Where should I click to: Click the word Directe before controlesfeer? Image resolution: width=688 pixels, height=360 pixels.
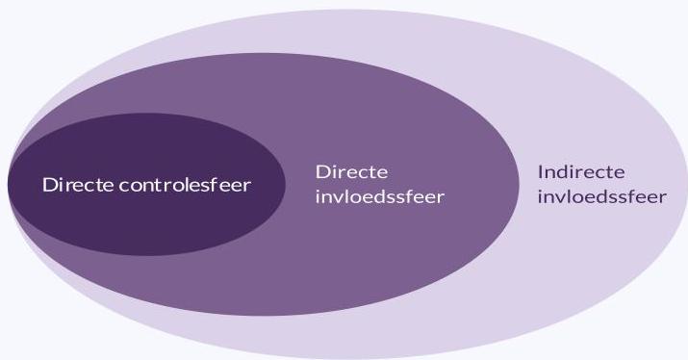click(78, 185)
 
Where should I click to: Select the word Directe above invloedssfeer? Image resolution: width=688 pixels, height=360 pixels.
click(351, 171)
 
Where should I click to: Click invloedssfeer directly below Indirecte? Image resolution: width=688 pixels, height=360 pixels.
click(601, 197)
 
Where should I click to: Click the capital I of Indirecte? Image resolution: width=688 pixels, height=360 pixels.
click(541, 172)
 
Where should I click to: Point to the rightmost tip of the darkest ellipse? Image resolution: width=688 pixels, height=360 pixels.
click(285, 184)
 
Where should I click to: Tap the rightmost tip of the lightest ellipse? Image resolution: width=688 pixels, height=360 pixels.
click(685, 184)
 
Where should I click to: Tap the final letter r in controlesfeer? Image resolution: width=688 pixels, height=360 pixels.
click(248, 185)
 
